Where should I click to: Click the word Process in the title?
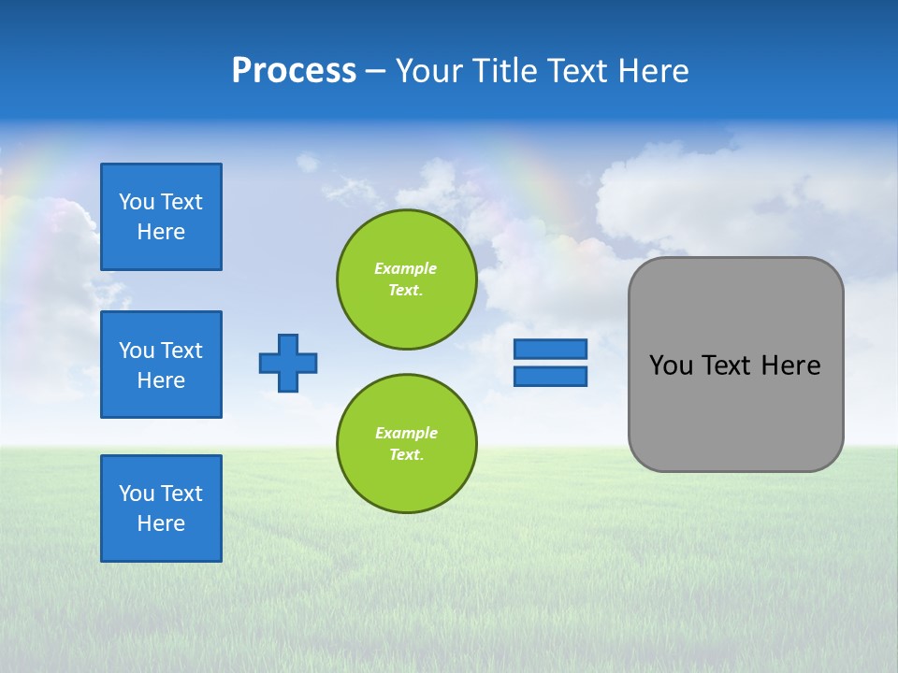(x=294, y=71)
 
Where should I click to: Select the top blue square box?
(x=161, y=217)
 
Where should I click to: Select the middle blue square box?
(x=161, y=365)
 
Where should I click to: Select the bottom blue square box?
(x=161, y=508)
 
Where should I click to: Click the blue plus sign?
(x=288, y=363)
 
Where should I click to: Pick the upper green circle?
(x=407, y=279)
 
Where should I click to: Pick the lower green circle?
(x=407, y=444)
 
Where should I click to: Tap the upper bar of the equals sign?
(x=550, y=349)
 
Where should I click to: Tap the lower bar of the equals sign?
(x=550, y=376)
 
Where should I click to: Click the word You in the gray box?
(x=670, y=365)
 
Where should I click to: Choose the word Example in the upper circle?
(x=406, y=268)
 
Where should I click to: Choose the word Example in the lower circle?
(x=406, y=433)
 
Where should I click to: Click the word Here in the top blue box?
(x=161, y=232)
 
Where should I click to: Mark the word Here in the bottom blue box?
(x=161, y=523)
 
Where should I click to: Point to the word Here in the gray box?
(x=790, y=365)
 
